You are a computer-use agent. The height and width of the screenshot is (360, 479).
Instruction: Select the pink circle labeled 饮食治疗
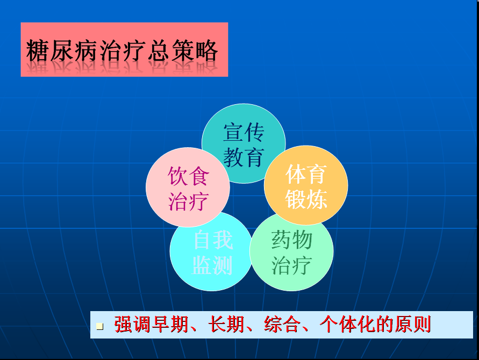[188, 187]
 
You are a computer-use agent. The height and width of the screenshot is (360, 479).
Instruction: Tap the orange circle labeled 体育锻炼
[306, 185]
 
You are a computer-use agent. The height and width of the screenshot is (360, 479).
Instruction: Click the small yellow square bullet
[99, 326]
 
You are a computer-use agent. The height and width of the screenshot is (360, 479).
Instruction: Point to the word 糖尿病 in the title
[62, 51]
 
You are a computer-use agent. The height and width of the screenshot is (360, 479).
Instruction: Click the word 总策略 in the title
[183, 51]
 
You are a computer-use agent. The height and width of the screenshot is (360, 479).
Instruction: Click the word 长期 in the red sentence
[226, 325]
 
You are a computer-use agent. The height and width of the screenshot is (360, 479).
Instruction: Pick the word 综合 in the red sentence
[282, 325]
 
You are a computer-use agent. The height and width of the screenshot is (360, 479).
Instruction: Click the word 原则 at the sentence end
[413, 325]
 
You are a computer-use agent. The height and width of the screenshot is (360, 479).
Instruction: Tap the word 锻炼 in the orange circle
[306, 199]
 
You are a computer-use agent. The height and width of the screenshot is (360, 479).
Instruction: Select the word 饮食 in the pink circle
[188, 176]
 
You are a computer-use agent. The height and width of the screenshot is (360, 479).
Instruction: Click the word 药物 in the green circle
[292, 240]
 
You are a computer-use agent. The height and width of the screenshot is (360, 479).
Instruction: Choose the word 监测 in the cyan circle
[212, 265]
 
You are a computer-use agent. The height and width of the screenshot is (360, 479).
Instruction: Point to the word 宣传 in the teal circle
[244, 133]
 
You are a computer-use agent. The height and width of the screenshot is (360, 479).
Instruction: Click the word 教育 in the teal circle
[244, 157]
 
